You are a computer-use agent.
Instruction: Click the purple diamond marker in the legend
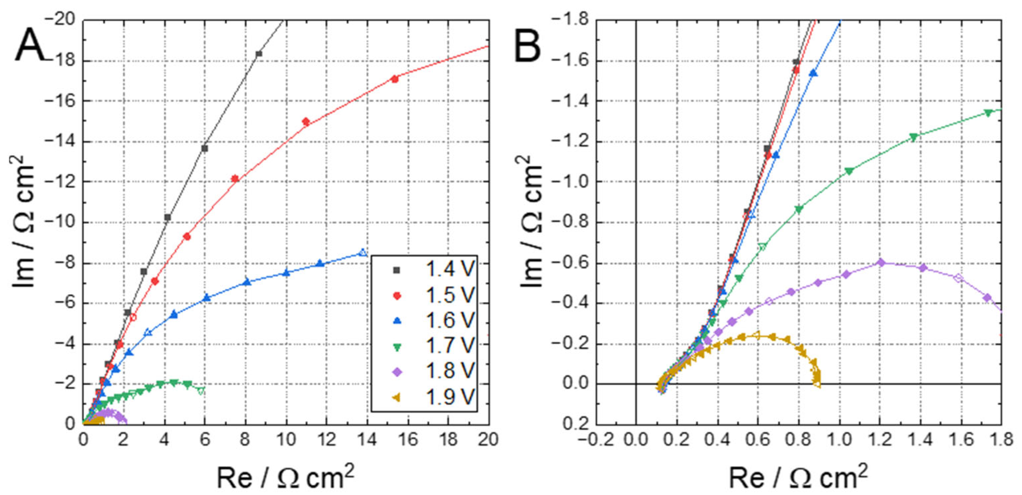click(397, 371)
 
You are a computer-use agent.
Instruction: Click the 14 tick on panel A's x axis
click(367, 439)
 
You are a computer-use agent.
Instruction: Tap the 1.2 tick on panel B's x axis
click(880, 439)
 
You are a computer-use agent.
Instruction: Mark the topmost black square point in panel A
click(259, 53)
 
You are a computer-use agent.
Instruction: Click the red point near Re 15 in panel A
click(394, 79)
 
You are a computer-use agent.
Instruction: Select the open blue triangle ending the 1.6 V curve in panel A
click(363, 252)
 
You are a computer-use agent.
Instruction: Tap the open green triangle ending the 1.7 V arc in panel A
click(201, 391)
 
